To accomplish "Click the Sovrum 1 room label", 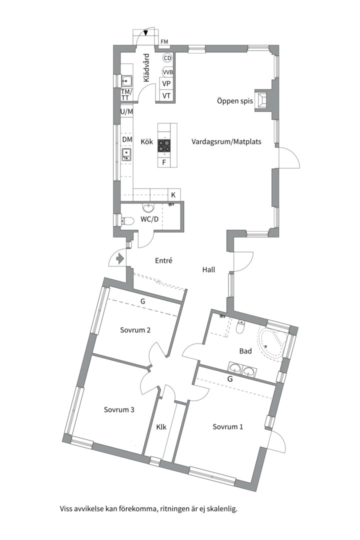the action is pyautogui.click(x=227, y=426).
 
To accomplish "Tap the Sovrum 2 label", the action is pyautogui.click(x=135, y=330).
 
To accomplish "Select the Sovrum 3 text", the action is pyautogui.click(x=119, y=410).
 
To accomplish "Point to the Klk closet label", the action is pyautogui.click(x=161, y=427).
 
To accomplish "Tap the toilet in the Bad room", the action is pyautogui.click(x=241, y=327).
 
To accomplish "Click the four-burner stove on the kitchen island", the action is pyautogui.click(x=164, y=145).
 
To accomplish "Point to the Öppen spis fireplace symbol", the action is pyautogui.click(x=262, y=101).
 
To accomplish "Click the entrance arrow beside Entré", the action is pyautogui.click(x=120, y=258).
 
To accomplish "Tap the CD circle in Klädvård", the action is pyautogui.click(x=167, y=58).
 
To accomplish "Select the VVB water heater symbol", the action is pyautogui.click(x=168, y=72).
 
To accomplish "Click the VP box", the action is pyautogui.click(x=166, y=83).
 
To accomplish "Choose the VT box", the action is pyautogui.click(x=166, y=95).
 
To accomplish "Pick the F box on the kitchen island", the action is pyautogui.click(x=164, y=162).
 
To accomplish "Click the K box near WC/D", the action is pyautogui.click(x=173, y=195).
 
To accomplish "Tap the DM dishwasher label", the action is pyautogui.click(x=127, y=139).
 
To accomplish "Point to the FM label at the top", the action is pyautogui.click(x=164, y=42).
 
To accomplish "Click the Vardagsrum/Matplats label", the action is pyautogui.click(x=226, y=141).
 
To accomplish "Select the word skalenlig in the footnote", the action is pyautogui.click(x=224, y=508).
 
